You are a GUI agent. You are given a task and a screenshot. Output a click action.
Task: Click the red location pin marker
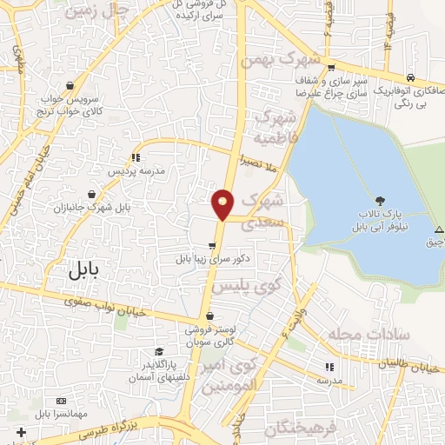tap(223, 203)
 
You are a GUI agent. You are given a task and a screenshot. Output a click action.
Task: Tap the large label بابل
tap(83, 270)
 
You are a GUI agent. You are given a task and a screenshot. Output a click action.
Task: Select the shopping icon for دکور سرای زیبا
tap(212, 246)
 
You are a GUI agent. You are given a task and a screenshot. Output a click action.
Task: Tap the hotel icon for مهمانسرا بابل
tap(60, 401)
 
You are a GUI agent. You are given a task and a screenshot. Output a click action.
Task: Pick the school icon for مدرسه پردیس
tap(136, 157)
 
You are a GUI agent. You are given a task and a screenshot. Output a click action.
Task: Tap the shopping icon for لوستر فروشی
tap(208, 316)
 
